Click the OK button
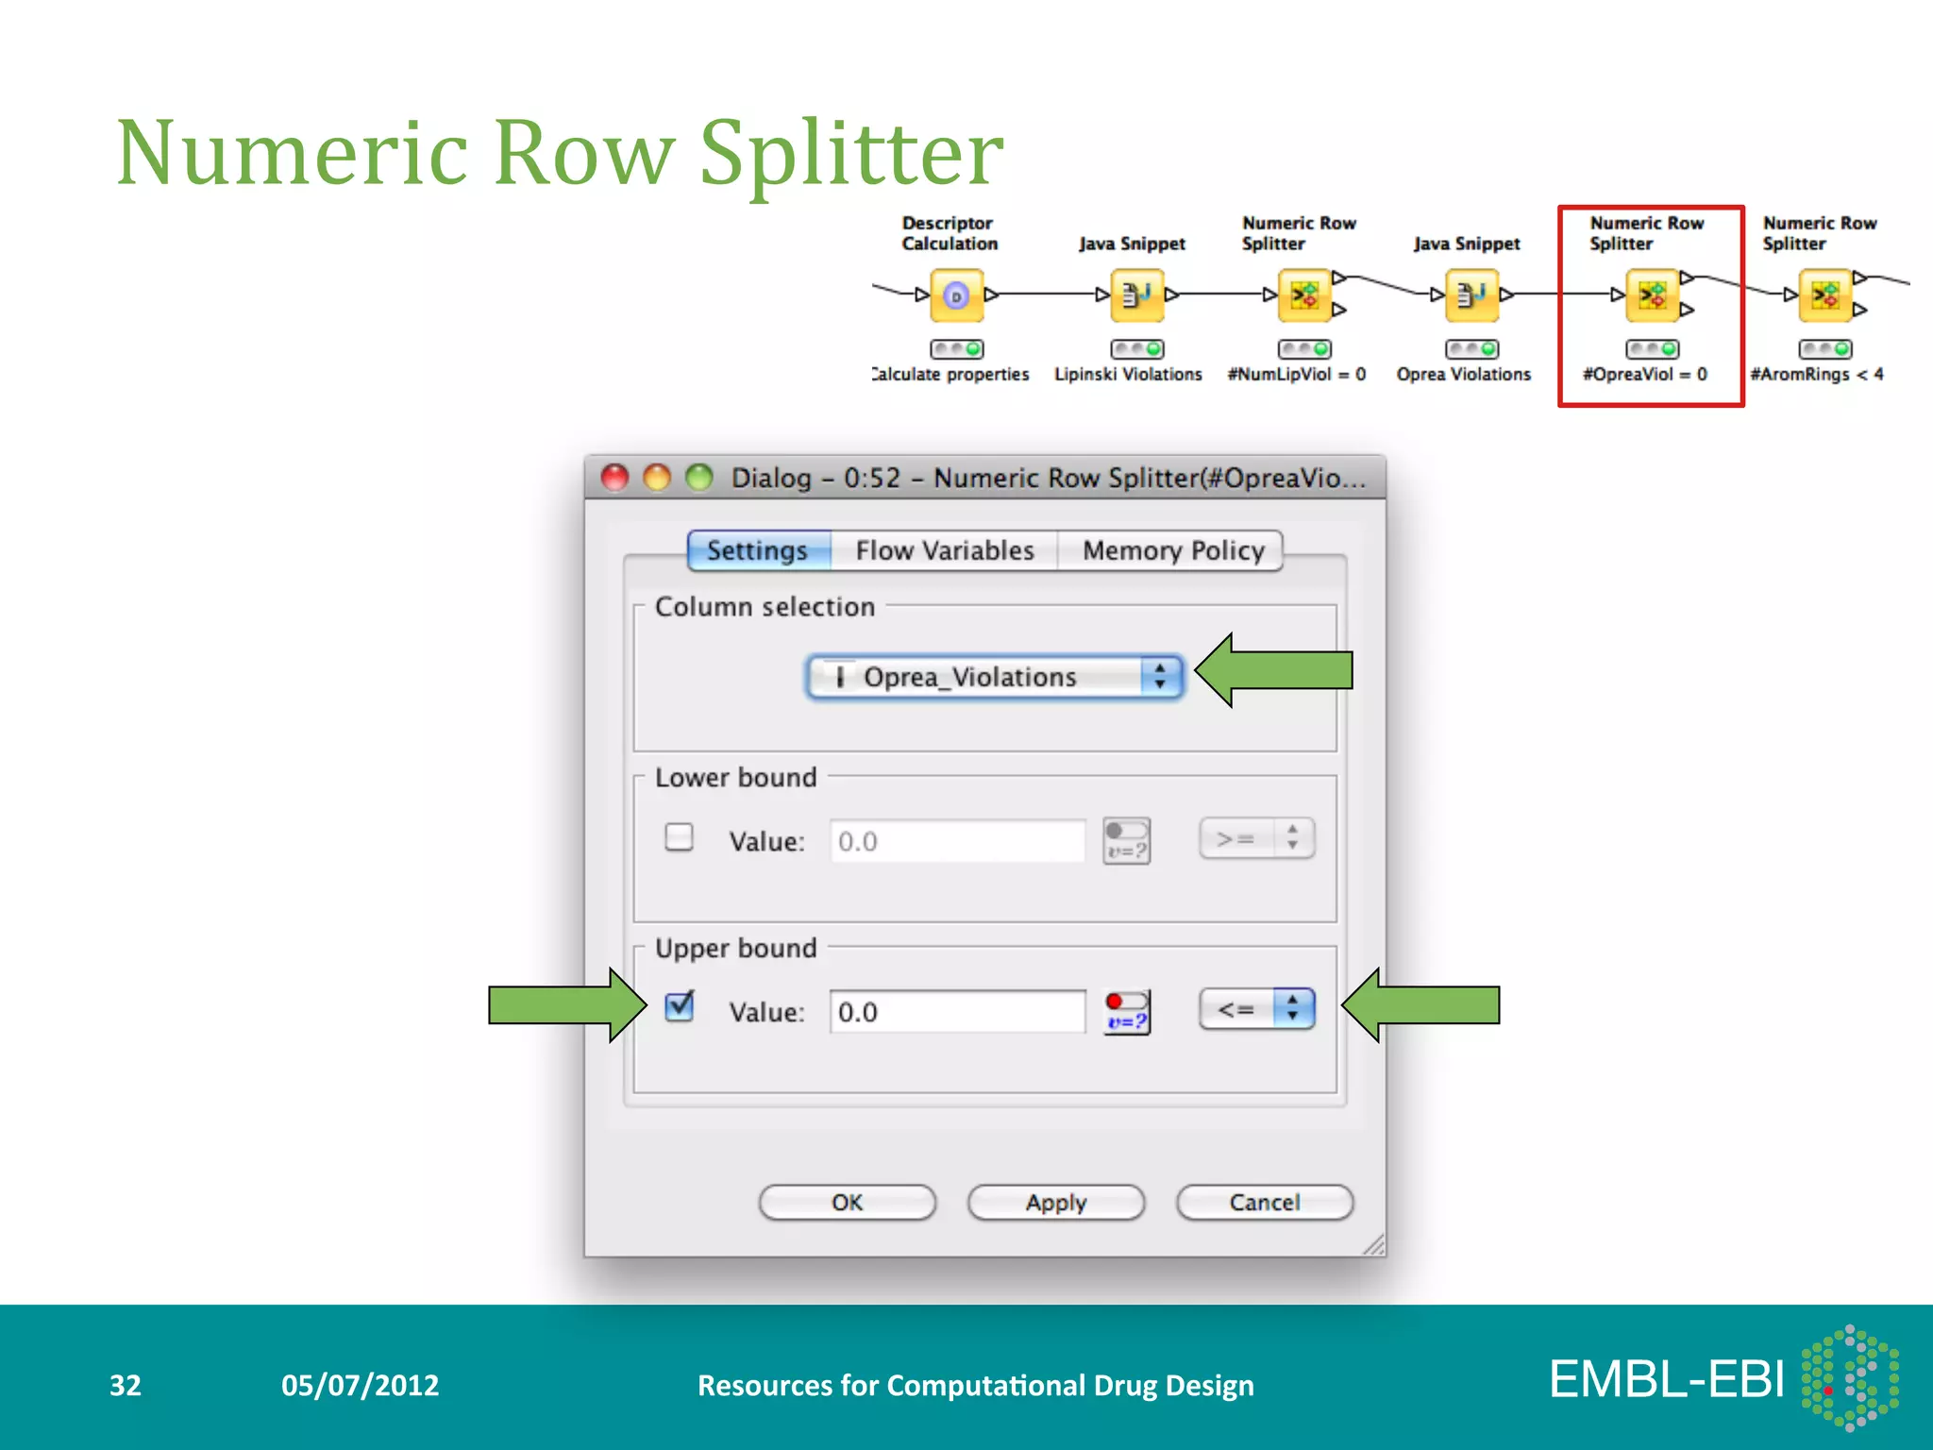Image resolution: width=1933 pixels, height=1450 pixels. [x=847, y=1202]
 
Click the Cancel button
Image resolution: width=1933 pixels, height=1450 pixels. [x=1264, y=1202]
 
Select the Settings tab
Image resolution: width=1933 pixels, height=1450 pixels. [x=758, y=550]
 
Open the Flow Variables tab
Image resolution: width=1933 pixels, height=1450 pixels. [x=944, y=550]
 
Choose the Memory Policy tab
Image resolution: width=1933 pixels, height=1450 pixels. [x=1172, y=550]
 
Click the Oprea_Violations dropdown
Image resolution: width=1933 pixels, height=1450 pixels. [x=994, y=677]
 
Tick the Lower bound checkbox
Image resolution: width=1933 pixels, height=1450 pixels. [x=679, y=837]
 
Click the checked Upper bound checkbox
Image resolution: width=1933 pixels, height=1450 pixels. [x=679, y=1007]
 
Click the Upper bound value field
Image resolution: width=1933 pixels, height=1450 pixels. [x=956, y=1012]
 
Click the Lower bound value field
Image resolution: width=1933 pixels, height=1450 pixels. [x=956, y=841]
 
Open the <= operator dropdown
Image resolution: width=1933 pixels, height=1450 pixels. [x=1256, y=1009]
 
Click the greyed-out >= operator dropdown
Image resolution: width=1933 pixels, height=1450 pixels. [x=1256, y=838]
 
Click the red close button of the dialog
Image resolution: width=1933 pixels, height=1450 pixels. [x=615, y=478]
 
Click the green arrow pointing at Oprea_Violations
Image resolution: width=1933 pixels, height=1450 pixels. [x=1273, y=671]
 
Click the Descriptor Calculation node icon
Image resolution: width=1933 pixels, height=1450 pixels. [x=956, y=296]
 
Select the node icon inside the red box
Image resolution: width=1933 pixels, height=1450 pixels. [x=1652, y=296]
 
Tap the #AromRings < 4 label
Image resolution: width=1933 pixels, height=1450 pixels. [x=1817, y=375]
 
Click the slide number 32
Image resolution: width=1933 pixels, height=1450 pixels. [x=126, y=1385]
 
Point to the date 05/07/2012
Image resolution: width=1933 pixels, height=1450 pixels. [x=360, y=1385]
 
